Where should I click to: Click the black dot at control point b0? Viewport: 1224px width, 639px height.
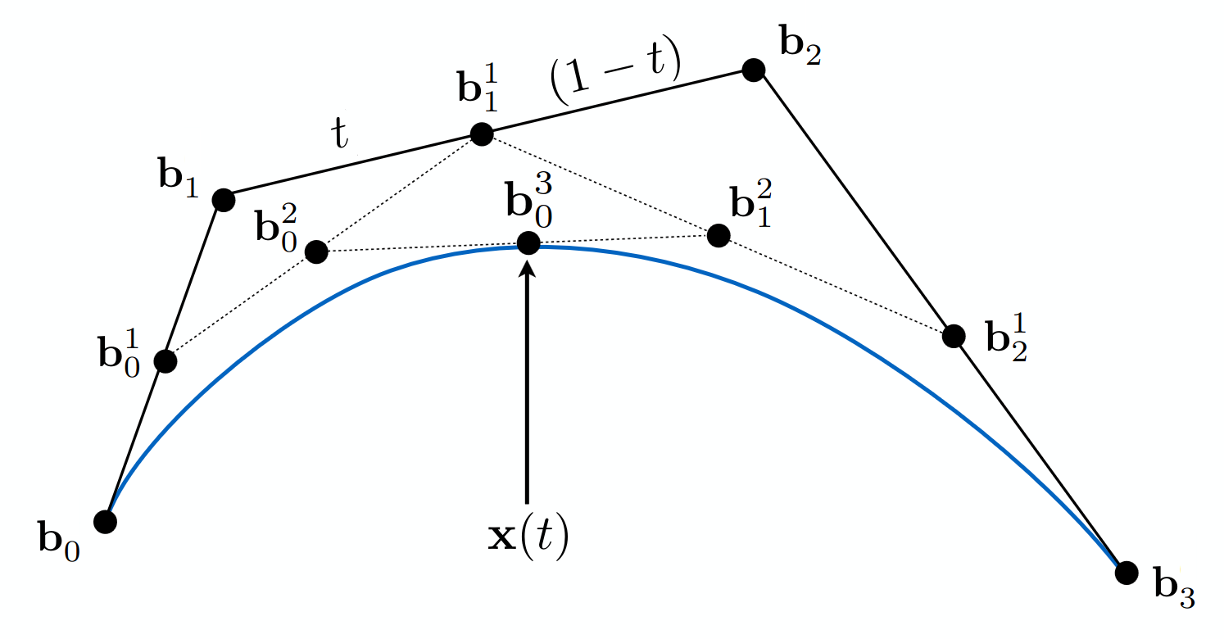[106, 522]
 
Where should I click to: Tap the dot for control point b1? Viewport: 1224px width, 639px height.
[224, 200]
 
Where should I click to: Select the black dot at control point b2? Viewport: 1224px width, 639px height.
[754, 70]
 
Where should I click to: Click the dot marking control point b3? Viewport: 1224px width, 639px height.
[1127, 573]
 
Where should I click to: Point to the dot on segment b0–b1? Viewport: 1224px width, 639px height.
[165, 361]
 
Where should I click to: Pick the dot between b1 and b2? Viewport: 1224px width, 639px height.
[482, 134]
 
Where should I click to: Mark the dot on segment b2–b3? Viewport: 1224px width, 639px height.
[954, 336]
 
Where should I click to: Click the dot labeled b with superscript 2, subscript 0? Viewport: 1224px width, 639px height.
[316, 252]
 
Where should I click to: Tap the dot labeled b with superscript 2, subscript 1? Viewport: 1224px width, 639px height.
[719, 236]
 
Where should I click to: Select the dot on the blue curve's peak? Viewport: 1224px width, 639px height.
[528, 243]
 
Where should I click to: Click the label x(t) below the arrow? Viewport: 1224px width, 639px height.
[528, 537]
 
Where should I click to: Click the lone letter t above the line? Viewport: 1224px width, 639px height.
[340, 134]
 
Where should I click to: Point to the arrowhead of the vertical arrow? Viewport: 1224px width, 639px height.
[528, 269]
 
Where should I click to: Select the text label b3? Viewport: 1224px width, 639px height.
[1174, 588]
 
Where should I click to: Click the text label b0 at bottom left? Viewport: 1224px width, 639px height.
[59, 542]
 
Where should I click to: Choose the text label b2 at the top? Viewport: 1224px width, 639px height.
[800, 47]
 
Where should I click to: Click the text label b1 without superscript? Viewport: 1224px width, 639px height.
[178, 178]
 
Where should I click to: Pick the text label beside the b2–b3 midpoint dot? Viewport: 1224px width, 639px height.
[1007, 338]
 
